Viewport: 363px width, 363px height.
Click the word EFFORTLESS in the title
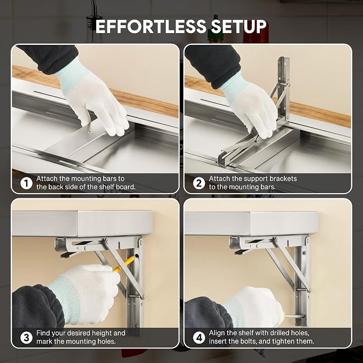coord(151,26)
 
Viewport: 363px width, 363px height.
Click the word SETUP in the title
coord(238,26)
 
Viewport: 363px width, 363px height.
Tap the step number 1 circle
coord(26,183)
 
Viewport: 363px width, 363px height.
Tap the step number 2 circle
coord(199,183)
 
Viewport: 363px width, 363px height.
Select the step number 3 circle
coord(26,337)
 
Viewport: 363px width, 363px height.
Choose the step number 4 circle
coord(199,337)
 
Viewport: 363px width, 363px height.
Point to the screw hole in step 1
coord(89,132)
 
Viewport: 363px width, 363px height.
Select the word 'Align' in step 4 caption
coord(217,333)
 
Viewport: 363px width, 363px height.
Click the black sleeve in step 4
coord(208,313)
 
